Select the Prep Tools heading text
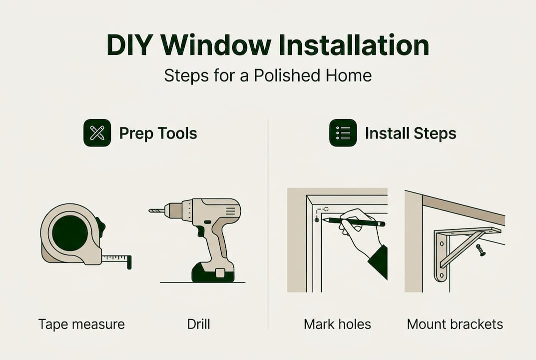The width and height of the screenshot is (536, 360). (158, 133)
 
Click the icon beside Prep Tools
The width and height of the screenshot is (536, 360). (97, 133)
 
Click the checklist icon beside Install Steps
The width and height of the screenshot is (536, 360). (343, 133)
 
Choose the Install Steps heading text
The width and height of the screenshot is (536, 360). (410, 133)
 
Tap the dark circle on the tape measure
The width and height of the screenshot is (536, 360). (70, 233)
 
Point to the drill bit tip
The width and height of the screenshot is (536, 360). (151, 211)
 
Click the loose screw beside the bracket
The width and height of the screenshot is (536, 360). (481, 250)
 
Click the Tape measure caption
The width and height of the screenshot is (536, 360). (81, 324)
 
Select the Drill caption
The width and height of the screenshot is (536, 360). (198, 324)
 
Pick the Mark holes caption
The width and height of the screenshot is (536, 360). (337, 324)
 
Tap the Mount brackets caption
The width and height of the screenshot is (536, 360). (455, 324)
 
